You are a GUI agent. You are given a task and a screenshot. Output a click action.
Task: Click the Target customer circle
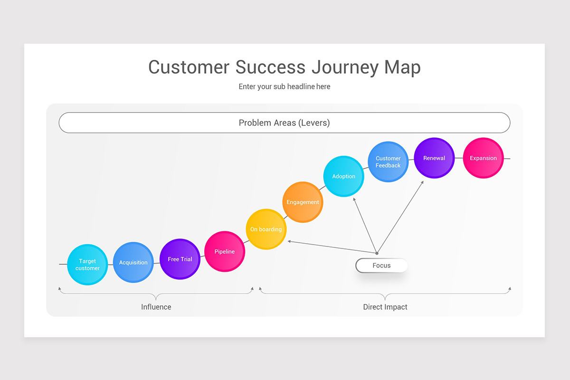87,265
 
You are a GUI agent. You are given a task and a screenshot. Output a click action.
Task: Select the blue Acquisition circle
133,262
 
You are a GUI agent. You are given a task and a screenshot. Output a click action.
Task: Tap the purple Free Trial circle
180,259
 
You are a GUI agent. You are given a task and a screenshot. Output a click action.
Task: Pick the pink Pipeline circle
225,251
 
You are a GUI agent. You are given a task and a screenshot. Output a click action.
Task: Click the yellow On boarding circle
266,229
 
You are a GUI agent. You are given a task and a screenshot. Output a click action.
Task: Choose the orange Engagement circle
303,202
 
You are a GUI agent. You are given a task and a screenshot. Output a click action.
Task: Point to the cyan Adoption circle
343,176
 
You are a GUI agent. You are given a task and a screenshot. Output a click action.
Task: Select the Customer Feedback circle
388,161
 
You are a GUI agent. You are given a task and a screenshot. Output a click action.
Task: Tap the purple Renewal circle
434,158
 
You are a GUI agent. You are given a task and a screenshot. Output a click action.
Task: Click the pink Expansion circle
483,158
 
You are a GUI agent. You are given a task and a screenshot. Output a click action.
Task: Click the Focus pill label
381,266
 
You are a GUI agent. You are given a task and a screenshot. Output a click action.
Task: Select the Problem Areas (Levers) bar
284,123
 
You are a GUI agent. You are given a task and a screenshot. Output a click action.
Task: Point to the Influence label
156,307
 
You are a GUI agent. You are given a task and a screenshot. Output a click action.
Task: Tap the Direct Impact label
385,307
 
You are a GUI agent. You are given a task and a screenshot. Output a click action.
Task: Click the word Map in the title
402,67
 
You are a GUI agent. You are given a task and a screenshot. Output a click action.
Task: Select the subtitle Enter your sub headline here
284,86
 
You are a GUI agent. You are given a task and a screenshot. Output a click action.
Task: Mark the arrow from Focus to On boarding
332,247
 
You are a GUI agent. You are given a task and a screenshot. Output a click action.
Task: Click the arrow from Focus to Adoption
365,225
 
